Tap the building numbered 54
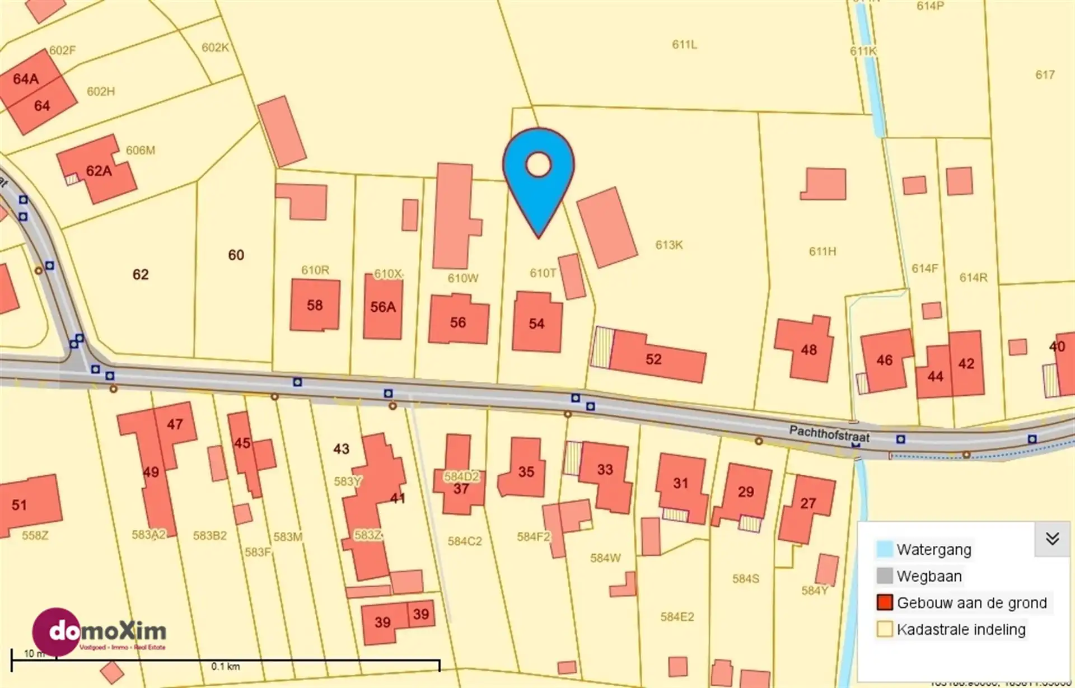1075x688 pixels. click(537, 323)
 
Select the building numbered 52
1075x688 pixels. click(654, 358)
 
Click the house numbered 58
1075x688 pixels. click(315, 305)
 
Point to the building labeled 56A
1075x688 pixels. click(383, 307)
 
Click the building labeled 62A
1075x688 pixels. click(99, 171)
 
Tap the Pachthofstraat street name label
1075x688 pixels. click(829, 434)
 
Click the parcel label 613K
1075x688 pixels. click(669, 245)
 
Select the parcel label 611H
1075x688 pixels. click(822, 251)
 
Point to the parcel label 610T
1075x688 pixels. click(543, 273)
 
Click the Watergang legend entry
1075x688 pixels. click(933, 549)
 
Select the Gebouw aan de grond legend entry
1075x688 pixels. click(971, 602)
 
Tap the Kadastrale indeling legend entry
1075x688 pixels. click(960, 629)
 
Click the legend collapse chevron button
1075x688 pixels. click(1052, 539)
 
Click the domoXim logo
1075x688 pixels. click(101, 632)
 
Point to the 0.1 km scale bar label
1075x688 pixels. click(225, 666)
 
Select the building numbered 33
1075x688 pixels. click(605, 470)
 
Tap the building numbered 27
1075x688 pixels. click(807, 504)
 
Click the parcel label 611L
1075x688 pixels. click(684, 44)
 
